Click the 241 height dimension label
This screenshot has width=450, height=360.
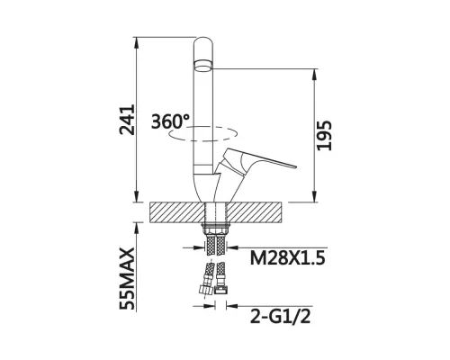tap(127, 120)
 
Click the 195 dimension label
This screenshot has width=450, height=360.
tap(325, 136)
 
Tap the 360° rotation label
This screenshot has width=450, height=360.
tap(170, 121)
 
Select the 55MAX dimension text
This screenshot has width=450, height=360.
tap(127, 279)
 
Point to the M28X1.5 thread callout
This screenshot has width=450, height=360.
tap(288, 257)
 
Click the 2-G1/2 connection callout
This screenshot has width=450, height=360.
tap(281, 316)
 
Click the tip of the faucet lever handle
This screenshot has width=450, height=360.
tap(296, 166)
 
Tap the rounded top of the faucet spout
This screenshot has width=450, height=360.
tap(204, 40)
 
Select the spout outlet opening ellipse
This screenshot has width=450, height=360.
tap(204, 66)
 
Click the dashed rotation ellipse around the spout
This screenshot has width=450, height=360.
tap(202, 140)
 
